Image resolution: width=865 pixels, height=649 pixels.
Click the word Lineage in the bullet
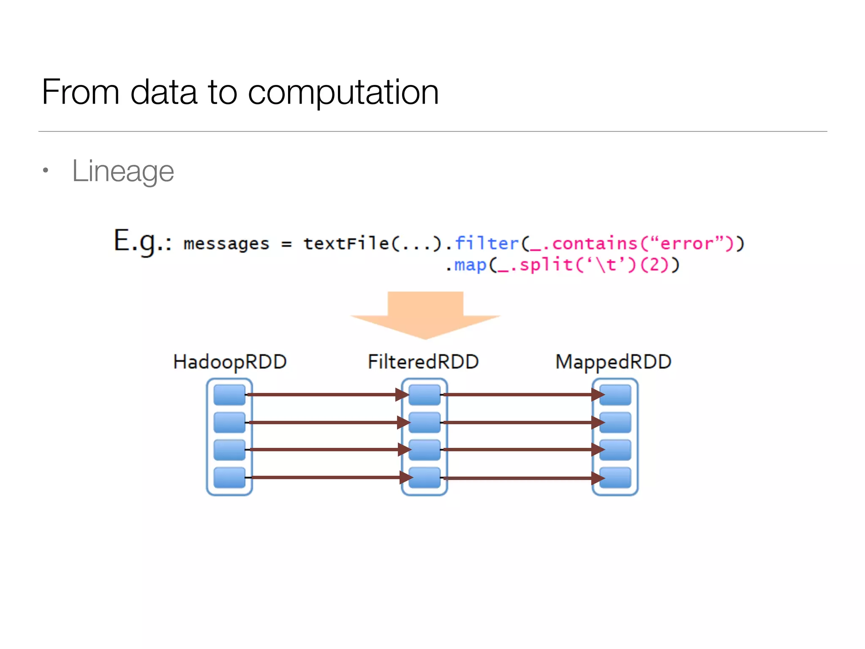click(x=123, y=171)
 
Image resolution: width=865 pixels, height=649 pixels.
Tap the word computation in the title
click(x=343, y=92)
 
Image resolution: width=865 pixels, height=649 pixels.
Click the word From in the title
click(x=81, y=92)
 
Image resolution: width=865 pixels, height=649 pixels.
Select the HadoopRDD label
click(x=230, y=362)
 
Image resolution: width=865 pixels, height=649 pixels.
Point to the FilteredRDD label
click(x=423, y=362)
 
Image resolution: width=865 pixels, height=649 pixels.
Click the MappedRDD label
click(x=613, y=362)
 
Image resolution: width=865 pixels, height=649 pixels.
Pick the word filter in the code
click(x=487, y=243)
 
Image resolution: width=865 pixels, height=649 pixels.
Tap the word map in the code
click(x=470, y=265)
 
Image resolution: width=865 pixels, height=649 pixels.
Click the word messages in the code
click(x=226, y=244)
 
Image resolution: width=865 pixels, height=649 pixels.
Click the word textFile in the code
click(x=346, y=243)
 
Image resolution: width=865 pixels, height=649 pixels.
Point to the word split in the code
click(x=546, y=265)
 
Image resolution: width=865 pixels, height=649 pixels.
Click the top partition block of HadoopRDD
click(x=229, y=395)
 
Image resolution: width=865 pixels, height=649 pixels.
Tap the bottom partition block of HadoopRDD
click(x=229, y=478)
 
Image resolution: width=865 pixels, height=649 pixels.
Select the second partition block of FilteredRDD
click(x=424, y=423)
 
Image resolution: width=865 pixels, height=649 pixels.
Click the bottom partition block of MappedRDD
click(x=615, y=478)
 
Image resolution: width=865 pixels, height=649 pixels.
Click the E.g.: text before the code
click(x=143, y=242)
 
